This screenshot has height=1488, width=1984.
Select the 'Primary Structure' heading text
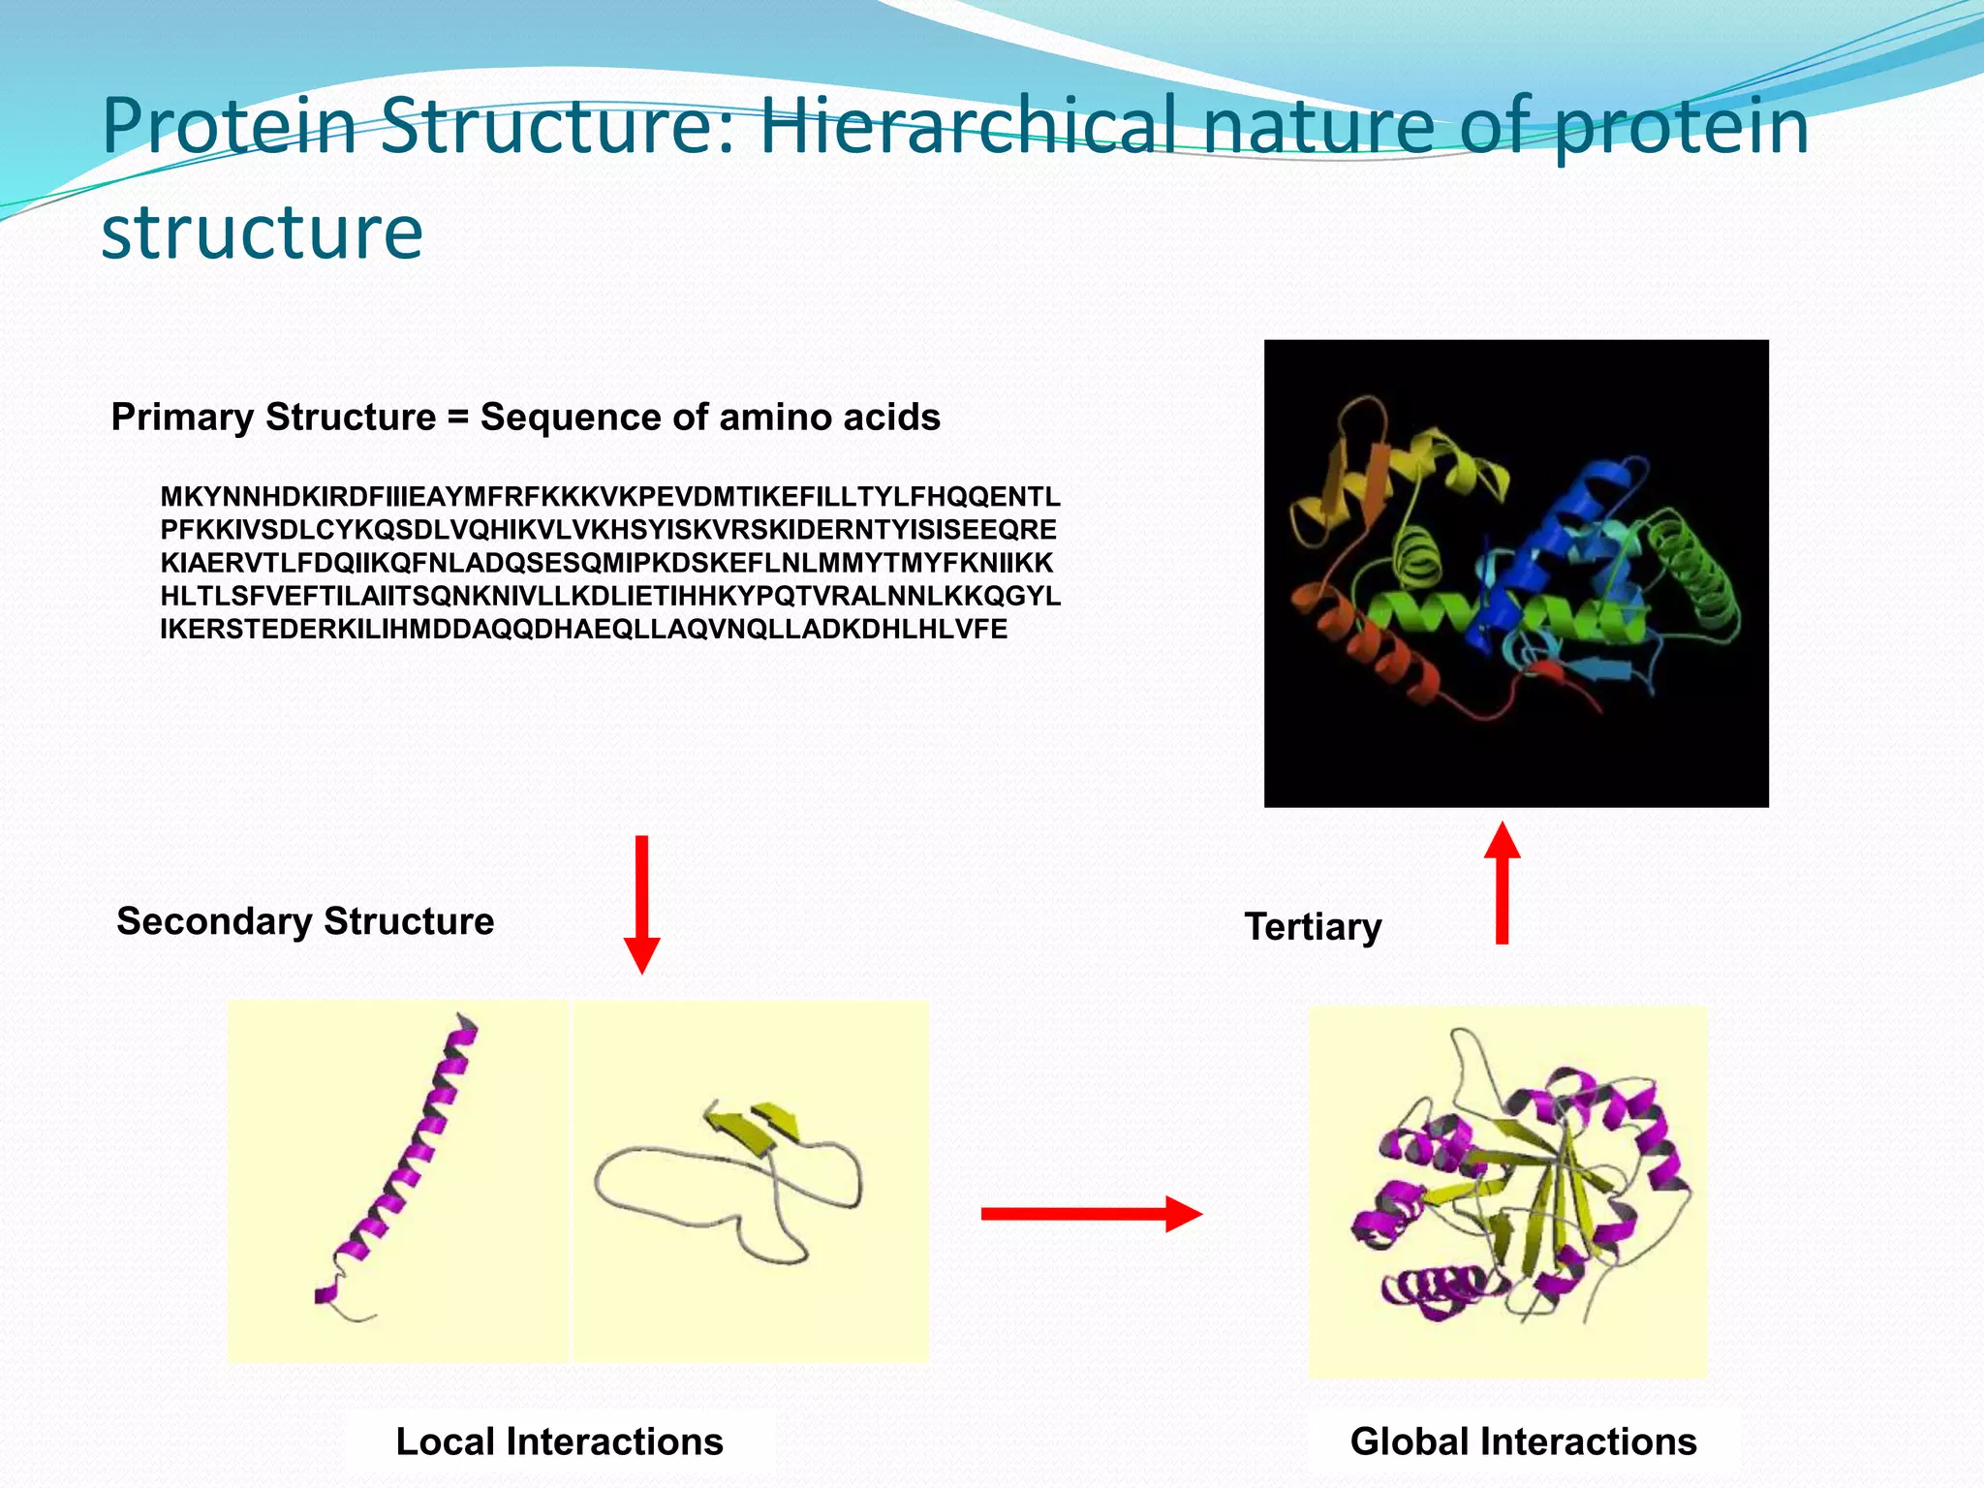[x=273, y=418]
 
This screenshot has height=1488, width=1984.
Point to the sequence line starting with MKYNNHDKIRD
[x=610, y=497]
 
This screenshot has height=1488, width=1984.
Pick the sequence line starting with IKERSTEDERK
[x=583, y=630]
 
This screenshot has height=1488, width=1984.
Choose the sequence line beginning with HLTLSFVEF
[x=610, y=596]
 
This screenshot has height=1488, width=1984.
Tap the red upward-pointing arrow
[x=1502, y=882]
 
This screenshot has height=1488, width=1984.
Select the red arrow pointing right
[x=1091, y=1214]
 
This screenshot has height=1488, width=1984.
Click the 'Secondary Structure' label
[x=305, y=921]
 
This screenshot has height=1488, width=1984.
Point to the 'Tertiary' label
[x=1313, y=927]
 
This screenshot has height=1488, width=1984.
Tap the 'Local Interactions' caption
[x=559, y=1441]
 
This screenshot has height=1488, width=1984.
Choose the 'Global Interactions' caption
[x=1523, y=1441]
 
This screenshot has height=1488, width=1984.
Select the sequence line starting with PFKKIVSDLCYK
[x=608, y=530]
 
